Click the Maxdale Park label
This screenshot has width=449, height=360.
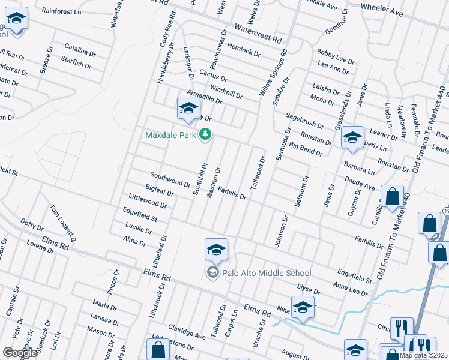170,135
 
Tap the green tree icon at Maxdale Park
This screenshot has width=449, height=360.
206,134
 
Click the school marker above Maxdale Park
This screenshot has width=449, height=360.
188,109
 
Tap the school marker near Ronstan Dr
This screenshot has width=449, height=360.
352,139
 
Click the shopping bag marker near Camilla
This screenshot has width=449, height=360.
392,197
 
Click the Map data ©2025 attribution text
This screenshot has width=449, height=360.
424,355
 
